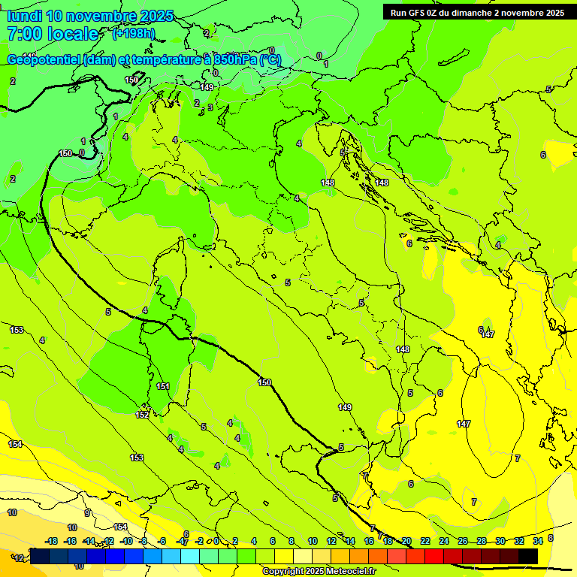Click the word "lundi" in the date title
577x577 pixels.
[x=23, y=16]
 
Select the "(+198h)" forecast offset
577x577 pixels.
[x=133, y=33]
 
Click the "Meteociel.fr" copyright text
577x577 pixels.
[x=348, y=572]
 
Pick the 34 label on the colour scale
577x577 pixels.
[x=539, y=541]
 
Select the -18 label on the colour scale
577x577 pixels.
[x=51, y=541]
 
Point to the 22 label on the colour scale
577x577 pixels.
[x=425, y=541]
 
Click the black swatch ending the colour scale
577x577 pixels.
[x=528, y=556]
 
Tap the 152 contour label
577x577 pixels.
[x=142, y=415]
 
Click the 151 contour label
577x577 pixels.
[x=163, y=386]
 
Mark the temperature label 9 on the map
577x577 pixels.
[x=87, y=513]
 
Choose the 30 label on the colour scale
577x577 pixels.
[x=500, y=541]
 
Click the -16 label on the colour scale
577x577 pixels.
[x=70, y=541]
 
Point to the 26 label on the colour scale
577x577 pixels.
[x=463, y=541]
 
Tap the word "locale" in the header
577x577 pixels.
[x=72, y=34]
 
